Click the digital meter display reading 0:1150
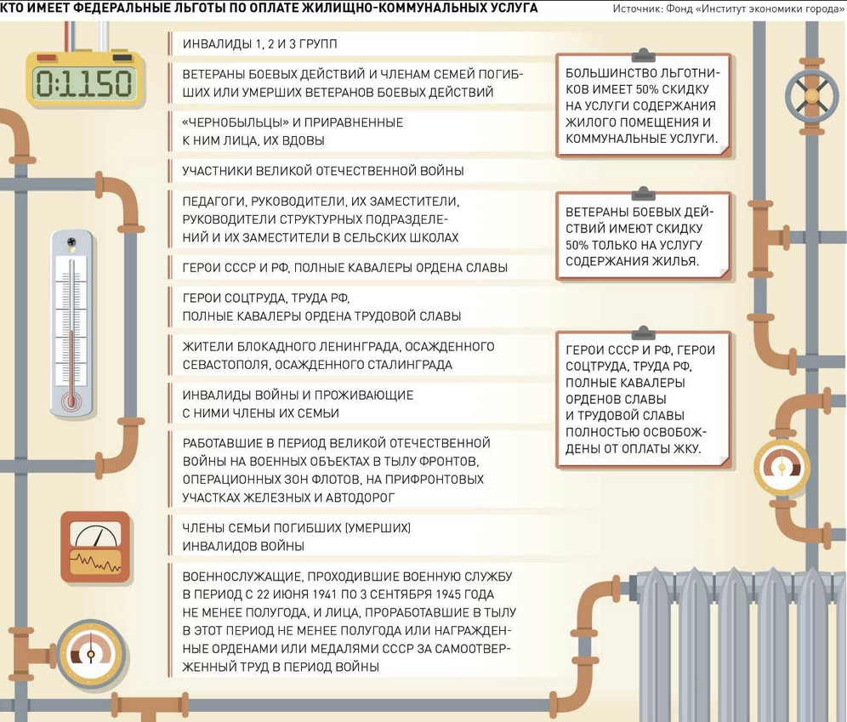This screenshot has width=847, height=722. click(x=83, y=82)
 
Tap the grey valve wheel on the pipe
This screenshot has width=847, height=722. click(x=811, y=95)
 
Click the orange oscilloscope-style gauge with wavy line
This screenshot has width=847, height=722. click(x=95, y=547)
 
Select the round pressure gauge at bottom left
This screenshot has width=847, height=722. click(x=90, y=654)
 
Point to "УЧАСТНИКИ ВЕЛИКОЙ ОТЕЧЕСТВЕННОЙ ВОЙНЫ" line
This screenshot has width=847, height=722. click(x=323, y=171)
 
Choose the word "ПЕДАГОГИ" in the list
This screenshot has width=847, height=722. click(x=213, y=202)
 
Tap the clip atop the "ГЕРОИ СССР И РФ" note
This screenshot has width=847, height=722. click(x=644, y=331)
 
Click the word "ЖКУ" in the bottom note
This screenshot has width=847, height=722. click(x=685, y=448)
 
